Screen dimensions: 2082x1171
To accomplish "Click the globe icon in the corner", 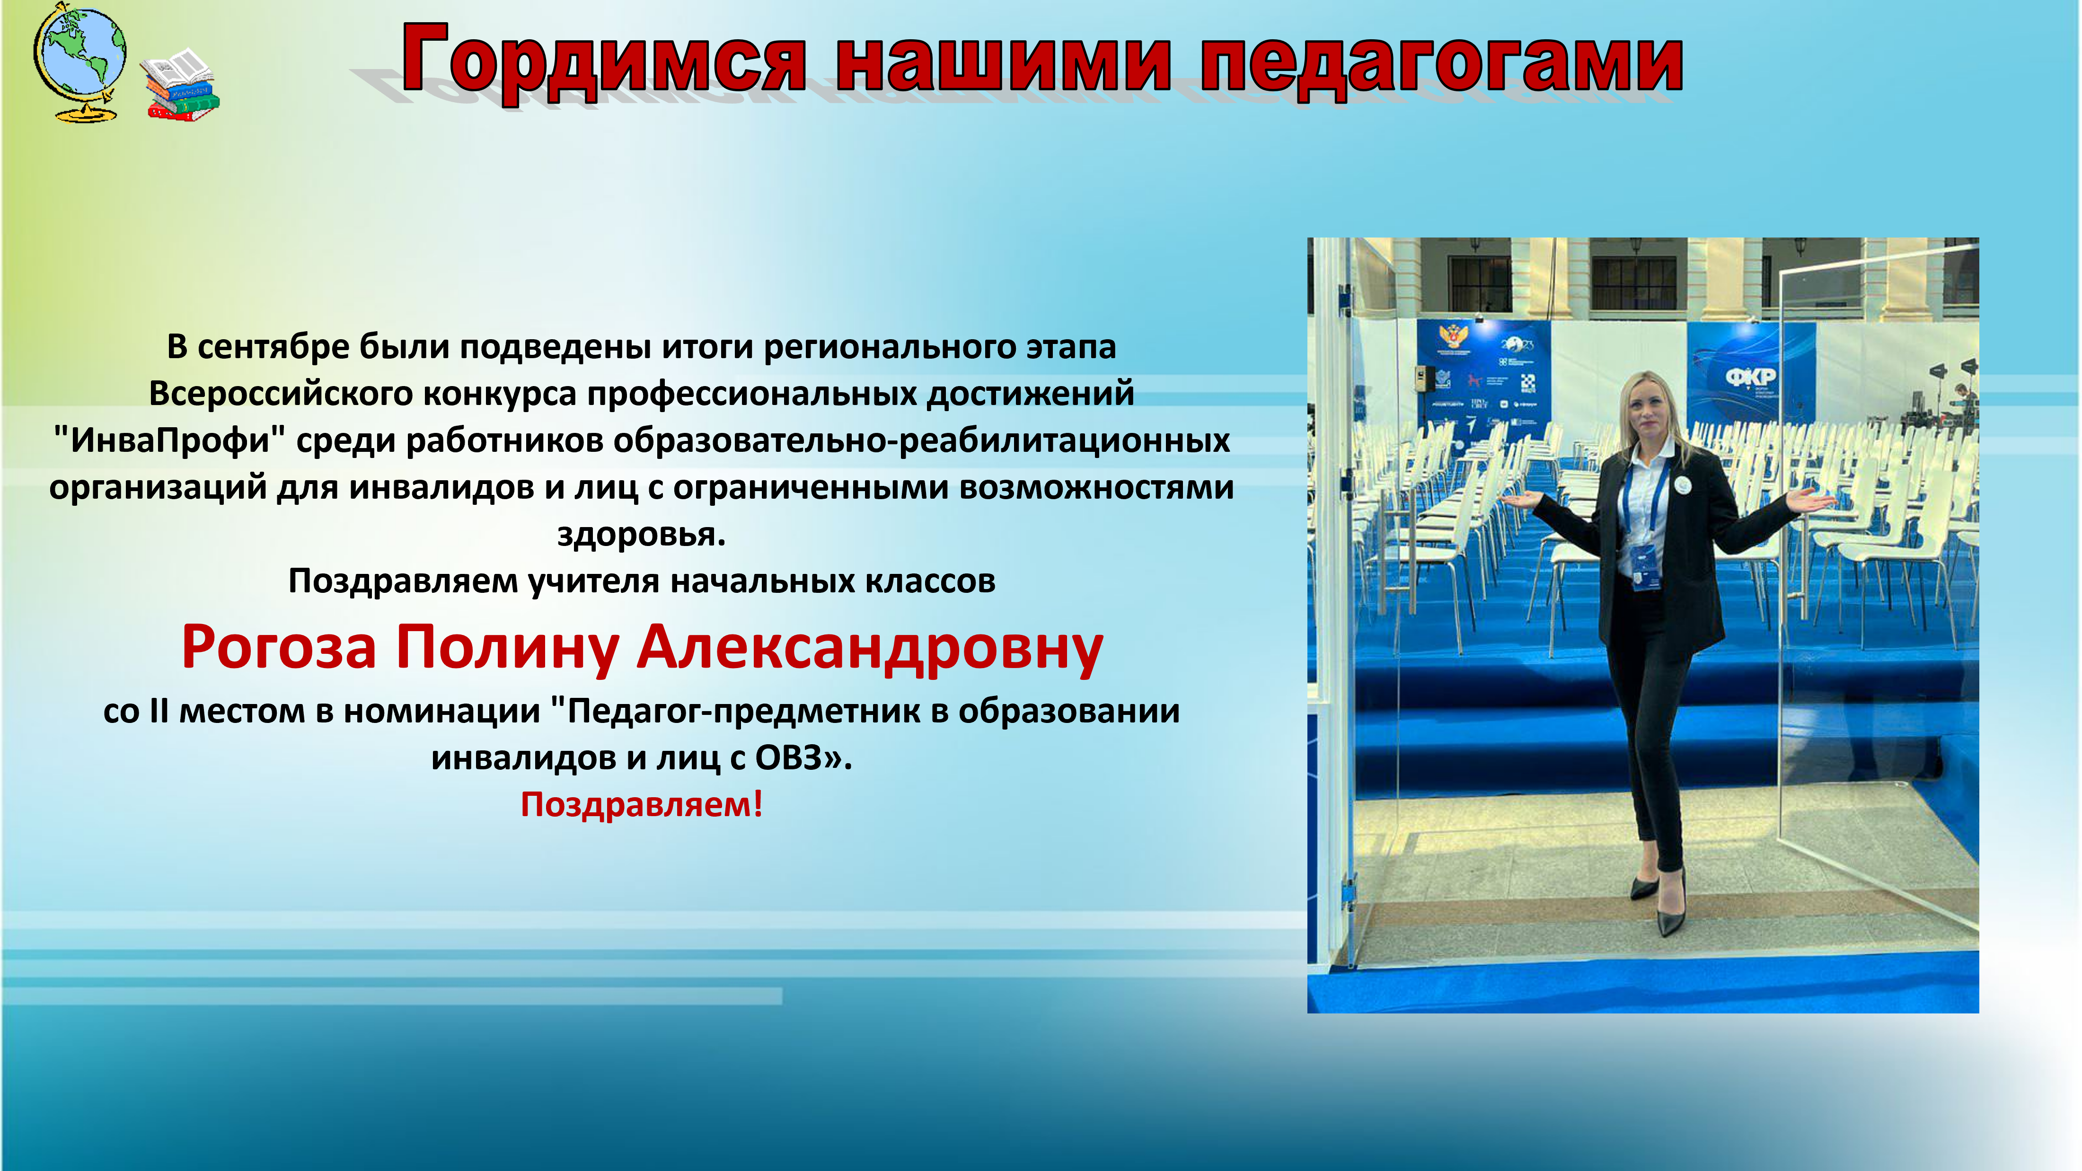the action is click(x=79, y=63).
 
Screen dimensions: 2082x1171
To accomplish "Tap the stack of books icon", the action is click(x=179, y=85).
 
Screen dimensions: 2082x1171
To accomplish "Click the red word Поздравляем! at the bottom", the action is click(x=642, y=805).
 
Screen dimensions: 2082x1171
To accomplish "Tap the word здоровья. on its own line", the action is click(x=642, y=534).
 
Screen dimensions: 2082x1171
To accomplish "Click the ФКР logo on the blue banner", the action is click(x=1751, y=377).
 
